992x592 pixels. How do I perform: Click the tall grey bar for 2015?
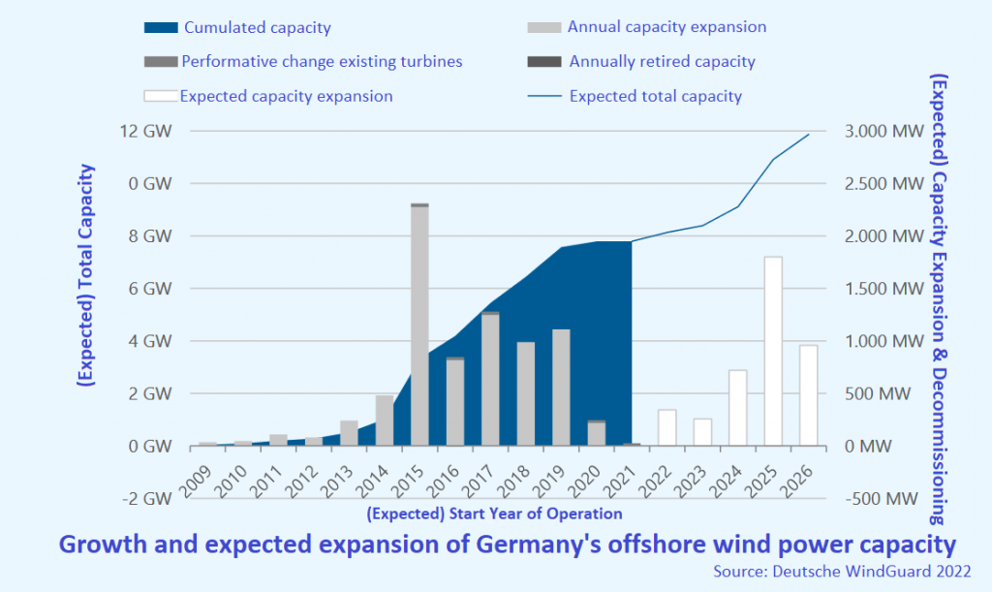coord(419,325)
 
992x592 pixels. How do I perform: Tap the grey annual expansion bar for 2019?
coord(561,388)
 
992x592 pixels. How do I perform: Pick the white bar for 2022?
coord(666,427)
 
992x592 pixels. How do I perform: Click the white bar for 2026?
coord(808,395)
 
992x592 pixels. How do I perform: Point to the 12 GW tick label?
coord(147,131)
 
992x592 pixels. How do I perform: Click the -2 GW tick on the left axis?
coord(145,499)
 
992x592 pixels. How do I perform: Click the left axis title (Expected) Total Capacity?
coord(85,276)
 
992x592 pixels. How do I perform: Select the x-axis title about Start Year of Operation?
coord(495,514)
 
